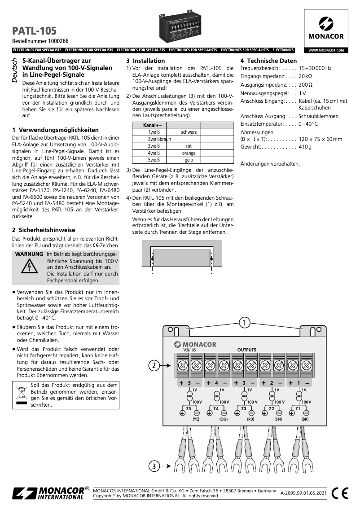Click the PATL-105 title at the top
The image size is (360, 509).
point(35,31)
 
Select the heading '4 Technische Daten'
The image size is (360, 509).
point(268,61)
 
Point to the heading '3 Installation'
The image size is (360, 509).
point(145,61)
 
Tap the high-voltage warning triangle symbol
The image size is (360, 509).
point(28,268)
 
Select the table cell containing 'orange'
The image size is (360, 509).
point(189,153)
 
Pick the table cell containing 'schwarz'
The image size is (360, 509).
point(189,132)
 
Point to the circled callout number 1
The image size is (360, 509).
point(244,323)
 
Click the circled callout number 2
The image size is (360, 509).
point(154,365)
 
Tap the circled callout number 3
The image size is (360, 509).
point(154,466)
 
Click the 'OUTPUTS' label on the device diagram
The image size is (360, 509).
point(246,350)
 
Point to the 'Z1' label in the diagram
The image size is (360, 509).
point(298,409)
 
